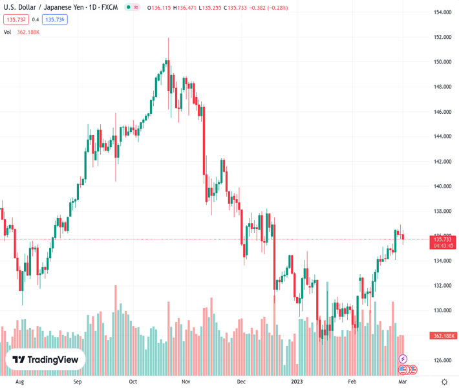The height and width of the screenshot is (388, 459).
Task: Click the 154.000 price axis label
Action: click(x=442, y=12)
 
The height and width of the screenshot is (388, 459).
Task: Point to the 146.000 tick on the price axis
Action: click(x=442, y=112)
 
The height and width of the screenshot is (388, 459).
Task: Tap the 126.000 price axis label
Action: click(x=442, y=360)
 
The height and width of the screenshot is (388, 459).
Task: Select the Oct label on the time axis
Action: click(x=133, y=382)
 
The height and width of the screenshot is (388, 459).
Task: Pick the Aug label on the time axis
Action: click(x=20, y=382)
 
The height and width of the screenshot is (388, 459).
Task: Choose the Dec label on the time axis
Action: click(x=242, y=382)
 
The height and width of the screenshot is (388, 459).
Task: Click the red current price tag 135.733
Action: click(x=442, y=239)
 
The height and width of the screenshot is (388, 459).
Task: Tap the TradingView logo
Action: click(x=45, y=360)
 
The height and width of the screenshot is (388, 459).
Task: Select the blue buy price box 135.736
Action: click(x=55, y=19)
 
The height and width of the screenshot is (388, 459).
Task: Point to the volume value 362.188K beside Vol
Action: click(x=28, y=32)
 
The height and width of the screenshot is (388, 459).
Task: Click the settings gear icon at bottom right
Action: click(x=445, y=382)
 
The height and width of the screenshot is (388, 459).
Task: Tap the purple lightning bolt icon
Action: click(x=403, y=359)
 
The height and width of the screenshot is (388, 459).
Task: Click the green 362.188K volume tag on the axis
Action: click(x=442, y=336)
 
